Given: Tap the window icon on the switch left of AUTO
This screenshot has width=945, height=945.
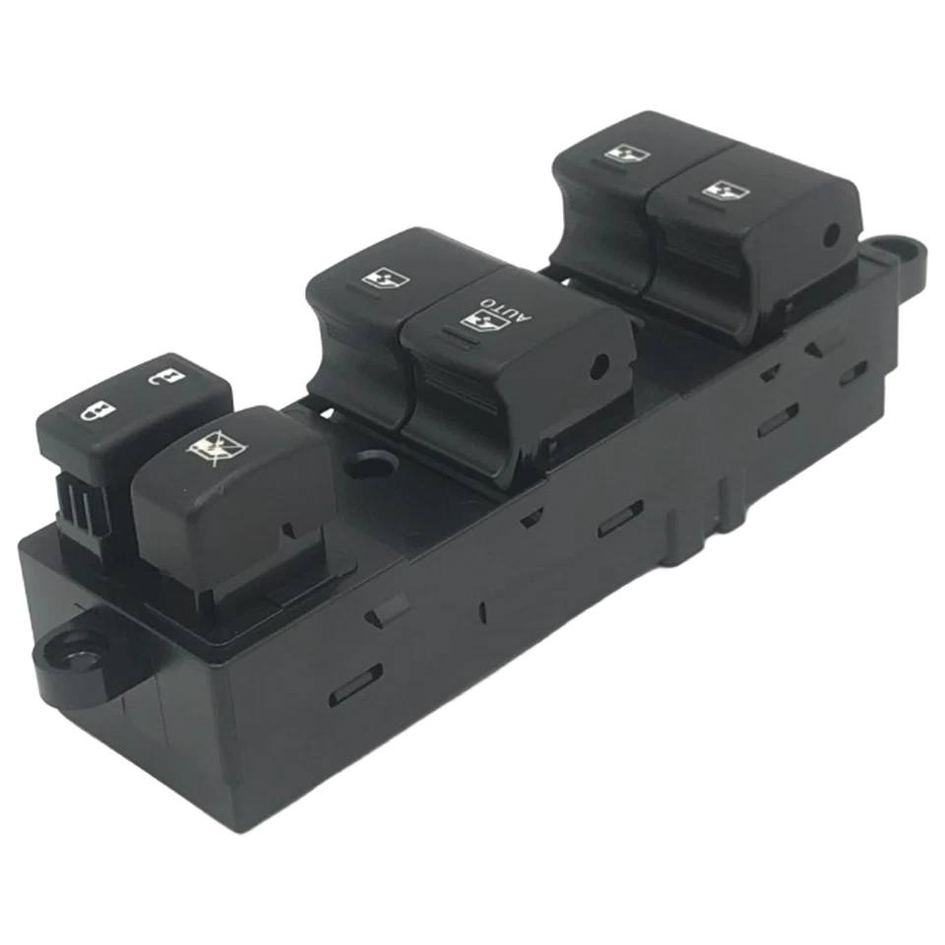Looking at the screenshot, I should click(x=380, y=280).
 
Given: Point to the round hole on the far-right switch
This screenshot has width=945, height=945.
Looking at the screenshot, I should click(x=830, y=234).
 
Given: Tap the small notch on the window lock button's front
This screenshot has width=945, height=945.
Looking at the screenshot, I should click(x=287, y=532).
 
